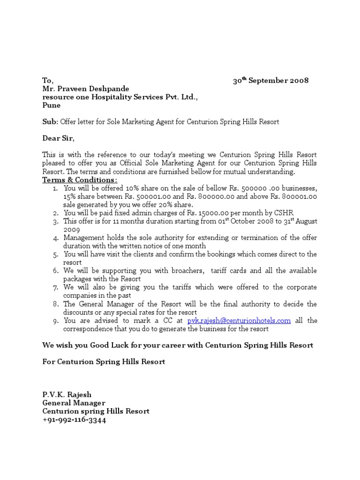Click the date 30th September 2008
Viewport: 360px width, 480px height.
tap(271, 80)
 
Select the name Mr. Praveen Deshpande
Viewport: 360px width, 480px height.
tap(86, 89)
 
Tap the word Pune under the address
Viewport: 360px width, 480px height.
tap(52, 105)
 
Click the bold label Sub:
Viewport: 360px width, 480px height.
tap(50, 122)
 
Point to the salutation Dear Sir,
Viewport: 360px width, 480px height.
tap(59, 138)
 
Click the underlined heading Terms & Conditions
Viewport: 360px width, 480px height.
tap(80, 180)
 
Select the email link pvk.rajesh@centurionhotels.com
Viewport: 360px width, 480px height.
tap(239, 321)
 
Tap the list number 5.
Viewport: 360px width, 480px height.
tap(55, 255)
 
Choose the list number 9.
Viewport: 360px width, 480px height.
tap(55, 321)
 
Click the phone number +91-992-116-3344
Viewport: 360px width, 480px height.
tap(75, 420)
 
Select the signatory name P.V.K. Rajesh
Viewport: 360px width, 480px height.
tap(67, 395)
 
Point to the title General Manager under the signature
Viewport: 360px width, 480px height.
tap(74, 403)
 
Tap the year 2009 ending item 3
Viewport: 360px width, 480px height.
tap(72, 230)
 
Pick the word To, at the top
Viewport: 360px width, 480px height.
tap(48, 81)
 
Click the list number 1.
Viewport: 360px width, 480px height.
tap(55, 188)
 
